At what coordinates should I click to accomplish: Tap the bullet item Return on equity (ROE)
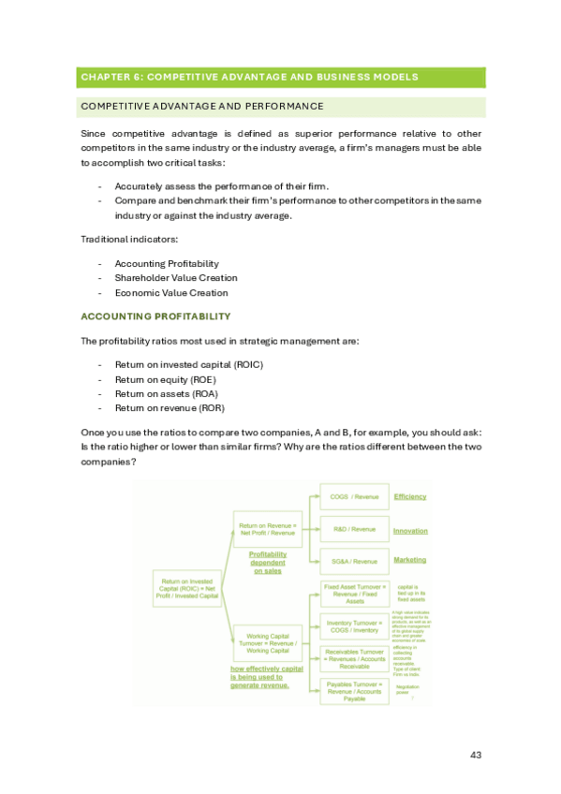tap(165, 380)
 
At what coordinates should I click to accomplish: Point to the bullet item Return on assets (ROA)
tap(165, 394)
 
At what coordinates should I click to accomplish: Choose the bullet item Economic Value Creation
tap(170, 292)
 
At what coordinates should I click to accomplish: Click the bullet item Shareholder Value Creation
tap(175, 278)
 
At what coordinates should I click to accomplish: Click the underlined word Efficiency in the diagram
tap(410, 496)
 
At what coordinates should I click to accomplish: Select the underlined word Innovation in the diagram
tap(410, 530)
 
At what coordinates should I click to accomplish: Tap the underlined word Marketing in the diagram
tap(409, 560)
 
